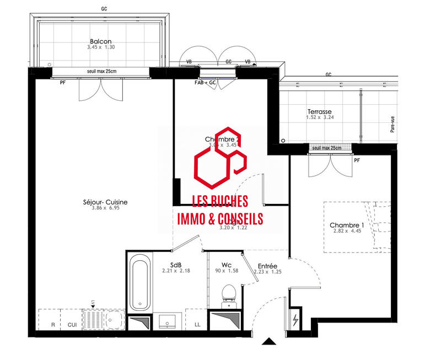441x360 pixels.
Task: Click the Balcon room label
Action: [100, 41]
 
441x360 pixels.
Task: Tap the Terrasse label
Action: [320, 111]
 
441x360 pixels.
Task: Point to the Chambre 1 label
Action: [347, 225]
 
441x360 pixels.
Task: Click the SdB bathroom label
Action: [176, 264]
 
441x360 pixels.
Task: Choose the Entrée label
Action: [267, 266]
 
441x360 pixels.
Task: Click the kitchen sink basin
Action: [115, 319]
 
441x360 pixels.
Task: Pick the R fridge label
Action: [53, 325]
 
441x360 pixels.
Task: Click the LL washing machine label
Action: [197, 325]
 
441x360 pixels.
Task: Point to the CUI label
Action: [72, 325]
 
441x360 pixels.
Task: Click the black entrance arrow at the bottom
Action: [269, 342]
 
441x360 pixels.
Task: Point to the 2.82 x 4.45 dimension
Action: [347, 232]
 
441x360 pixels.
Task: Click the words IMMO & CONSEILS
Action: [219, 219]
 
